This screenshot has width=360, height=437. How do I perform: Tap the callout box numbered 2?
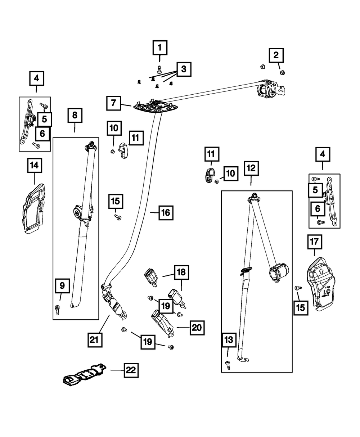click(x=276, y=55)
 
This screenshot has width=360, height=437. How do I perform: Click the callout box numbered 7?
click(x=114, y=103)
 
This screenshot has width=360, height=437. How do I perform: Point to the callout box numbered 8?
click(x=75, y=116)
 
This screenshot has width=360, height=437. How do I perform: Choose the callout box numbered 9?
click(x=63, y=286)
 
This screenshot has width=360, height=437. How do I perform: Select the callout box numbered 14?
click(x=35, y=166)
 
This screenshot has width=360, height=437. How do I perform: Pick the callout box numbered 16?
click(x=165, y=213)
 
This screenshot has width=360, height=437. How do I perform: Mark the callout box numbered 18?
click(x=181, y=272)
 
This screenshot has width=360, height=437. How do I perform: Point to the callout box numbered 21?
click(x=94, y=340)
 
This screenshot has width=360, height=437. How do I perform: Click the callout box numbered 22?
click(x=131, y=370)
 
